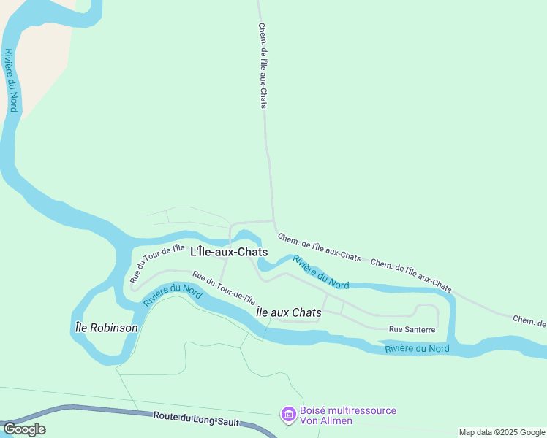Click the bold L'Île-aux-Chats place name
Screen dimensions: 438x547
(229, 252)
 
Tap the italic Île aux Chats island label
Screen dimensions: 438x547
(289, 312)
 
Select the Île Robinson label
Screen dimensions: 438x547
(107, 328)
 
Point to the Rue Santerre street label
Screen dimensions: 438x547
(412, 330)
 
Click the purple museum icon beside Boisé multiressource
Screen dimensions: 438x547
(289, 415)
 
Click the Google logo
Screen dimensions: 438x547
(24, 429)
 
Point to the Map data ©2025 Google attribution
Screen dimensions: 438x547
(502, 432)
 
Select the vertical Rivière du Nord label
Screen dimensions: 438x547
(10, 80)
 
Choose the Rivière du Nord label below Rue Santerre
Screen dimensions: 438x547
(417, 349)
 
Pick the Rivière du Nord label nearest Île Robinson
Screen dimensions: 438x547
(173, 294)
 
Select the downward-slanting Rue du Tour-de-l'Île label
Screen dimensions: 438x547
(224, 288)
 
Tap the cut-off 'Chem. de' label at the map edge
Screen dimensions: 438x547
(529, 321)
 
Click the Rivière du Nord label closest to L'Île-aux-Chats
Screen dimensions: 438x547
(320, 272)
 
